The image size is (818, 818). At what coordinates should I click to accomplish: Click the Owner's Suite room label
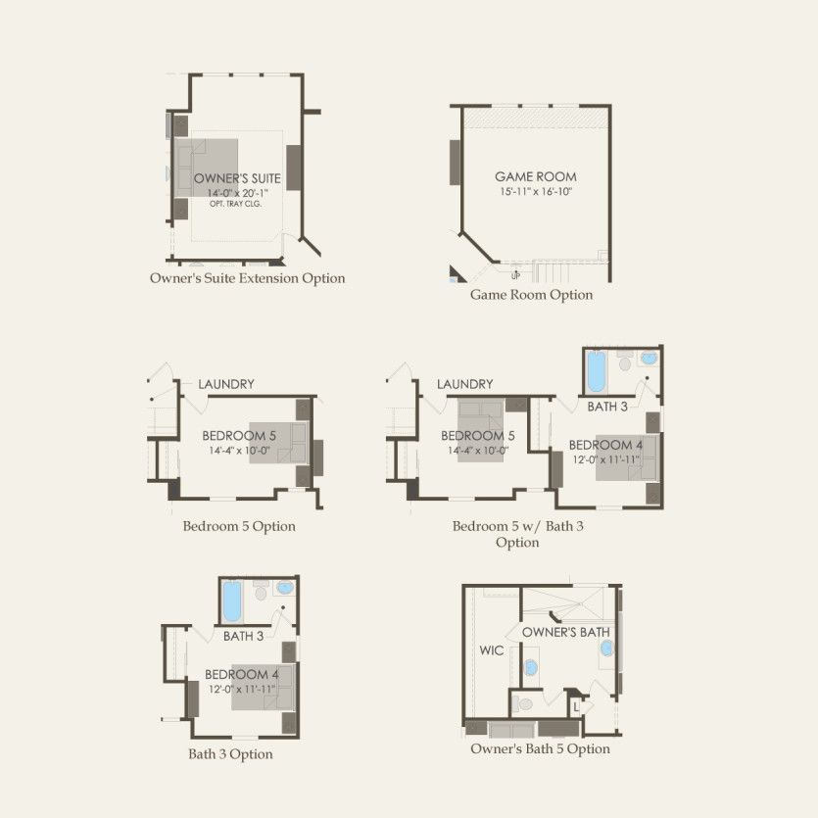237,178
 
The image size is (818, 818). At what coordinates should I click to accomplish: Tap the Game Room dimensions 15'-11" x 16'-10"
536,191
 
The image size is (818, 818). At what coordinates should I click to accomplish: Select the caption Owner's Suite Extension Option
247,278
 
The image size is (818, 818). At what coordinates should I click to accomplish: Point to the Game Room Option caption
532,295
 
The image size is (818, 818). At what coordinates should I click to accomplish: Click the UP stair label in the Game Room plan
515,276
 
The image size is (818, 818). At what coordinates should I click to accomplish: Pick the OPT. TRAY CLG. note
236,204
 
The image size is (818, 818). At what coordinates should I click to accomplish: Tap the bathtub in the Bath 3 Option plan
231,602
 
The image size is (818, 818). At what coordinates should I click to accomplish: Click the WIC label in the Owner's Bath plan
492,650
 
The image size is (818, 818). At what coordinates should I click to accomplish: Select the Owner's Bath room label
566,632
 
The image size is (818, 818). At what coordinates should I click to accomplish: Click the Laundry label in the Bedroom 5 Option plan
226,384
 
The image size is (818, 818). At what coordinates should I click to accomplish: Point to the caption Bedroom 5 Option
239,526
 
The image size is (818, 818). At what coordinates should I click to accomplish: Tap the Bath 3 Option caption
230,754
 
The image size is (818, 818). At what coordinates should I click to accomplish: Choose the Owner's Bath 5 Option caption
540,749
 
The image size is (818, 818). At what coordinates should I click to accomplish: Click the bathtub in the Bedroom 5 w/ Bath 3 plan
597,371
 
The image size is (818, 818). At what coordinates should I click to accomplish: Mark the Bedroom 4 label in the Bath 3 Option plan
242,675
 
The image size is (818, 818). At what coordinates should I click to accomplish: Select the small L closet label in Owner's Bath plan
576,708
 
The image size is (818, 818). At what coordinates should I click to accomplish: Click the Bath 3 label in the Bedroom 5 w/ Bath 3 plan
607,407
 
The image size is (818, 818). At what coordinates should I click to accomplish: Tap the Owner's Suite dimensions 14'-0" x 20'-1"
237,193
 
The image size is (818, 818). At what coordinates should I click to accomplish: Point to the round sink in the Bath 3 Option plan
285,588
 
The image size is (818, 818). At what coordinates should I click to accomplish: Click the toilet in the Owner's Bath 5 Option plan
523,704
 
